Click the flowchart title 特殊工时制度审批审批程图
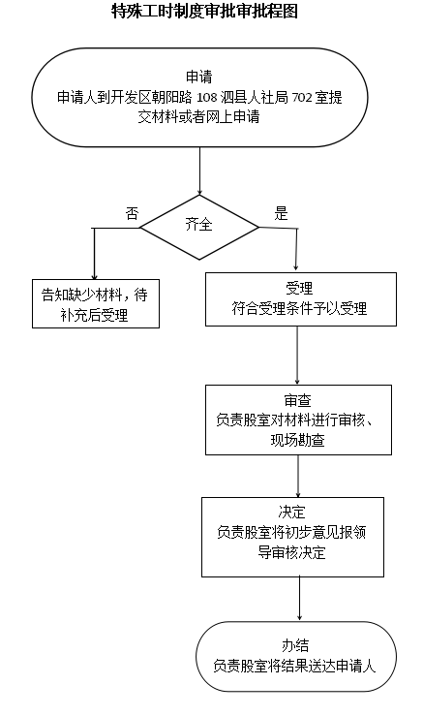click(x=205, y=11)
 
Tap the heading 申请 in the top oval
click(x=199, y=77)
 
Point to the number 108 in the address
click(x=206, y=97)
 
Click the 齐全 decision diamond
click(x=199, y=228)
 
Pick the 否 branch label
click(x=132, y=213)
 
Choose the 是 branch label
click(x=281, y=213)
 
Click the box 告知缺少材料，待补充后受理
click(x=96, y=303)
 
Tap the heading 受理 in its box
click(x=299, y=288)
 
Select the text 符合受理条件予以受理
click(x=299, y=309)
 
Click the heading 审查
click(x=297, y=400)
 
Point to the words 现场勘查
click(x=297, y=440)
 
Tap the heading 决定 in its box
click(x=291, y=512)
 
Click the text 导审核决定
click(x=291, y=552)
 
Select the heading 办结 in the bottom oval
click(x=295, y=645)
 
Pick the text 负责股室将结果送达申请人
click(x=294, y=667)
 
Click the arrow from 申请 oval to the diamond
click(x=199, y=171)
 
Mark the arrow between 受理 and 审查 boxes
click(x=297, y=356)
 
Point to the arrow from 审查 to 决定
click(x=298, y=477)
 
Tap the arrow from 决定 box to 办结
click(x=299, y=599)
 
